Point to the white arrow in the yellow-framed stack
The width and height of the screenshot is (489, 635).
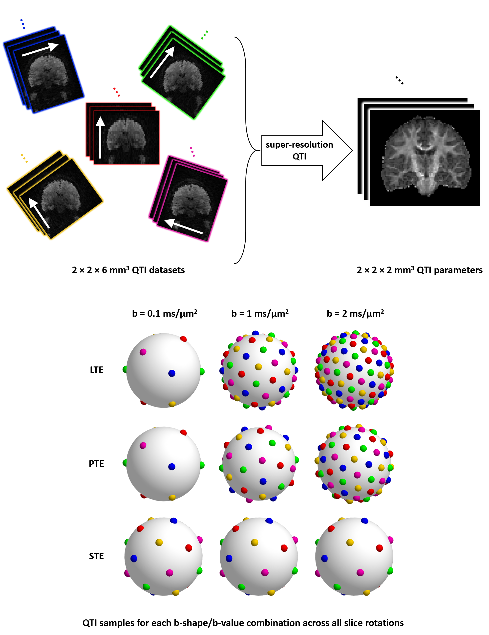[39, 213]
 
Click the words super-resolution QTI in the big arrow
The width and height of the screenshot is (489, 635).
[299, 150]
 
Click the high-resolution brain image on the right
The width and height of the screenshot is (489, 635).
[425, 158]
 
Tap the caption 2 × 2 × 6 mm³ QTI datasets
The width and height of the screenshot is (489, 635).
[128, 270]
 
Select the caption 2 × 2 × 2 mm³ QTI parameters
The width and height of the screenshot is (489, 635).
[419, 270]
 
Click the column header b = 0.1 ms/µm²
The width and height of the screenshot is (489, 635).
[165, 314]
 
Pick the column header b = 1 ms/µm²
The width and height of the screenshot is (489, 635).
[260, 314]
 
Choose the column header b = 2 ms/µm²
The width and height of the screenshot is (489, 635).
[355, 314]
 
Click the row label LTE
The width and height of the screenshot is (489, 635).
[96, 370]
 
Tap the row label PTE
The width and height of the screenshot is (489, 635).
[96, 463]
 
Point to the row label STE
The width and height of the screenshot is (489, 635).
[96, 556]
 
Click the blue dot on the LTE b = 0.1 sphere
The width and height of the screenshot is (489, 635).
[172, 373]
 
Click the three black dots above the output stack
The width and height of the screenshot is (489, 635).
[399, 80]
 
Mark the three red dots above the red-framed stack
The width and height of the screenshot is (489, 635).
[117, 92]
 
